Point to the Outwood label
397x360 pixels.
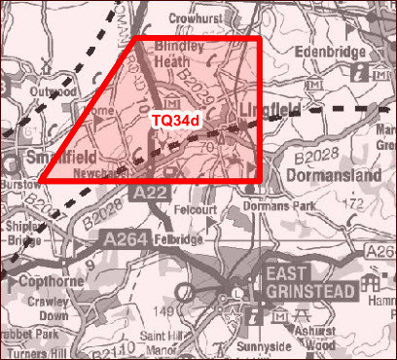click(53, 91)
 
